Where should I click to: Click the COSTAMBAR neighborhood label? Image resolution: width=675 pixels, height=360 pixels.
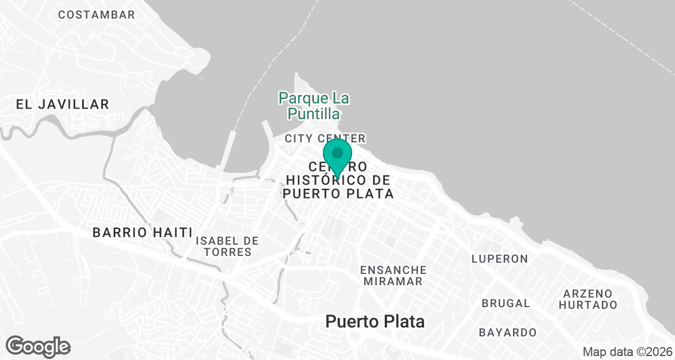(x=97, y=15)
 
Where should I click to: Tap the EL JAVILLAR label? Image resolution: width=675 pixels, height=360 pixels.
(x=62, y=104)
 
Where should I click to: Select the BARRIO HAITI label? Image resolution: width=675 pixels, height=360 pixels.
(x=142, y=232)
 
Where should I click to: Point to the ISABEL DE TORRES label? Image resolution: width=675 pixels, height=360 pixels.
(x=227, y=246)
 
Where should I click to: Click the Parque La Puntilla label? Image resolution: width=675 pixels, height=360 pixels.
(x=314, y=106)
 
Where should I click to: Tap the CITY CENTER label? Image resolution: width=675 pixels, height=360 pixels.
(x=325, y=138)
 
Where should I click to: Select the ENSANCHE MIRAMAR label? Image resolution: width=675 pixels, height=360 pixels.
(x=393, y=276)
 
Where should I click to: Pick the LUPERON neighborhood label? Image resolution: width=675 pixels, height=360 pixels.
(x=499, y=259)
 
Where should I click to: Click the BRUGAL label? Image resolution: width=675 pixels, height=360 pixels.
(x=506, y=303)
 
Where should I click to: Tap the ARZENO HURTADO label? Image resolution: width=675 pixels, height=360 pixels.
(x=590, y=299)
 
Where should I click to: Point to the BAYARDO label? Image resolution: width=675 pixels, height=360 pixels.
(x=507, y=332)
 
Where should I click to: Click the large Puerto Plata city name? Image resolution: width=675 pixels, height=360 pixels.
(x=375, y=322)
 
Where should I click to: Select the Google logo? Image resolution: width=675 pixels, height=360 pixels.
(x=38, y=346)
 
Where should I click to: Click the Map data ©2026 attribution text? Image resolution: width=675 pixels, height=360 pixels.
(x=627, y=352)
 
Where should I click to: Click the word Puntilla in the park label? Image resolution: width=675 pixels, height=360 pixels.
(x=314, y=114)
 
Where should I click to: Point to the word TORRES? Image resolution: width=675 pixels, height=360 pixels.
(x=227, y=253)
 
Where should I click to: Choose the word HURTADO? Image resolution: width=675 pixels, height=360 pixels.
(x=590, y=305)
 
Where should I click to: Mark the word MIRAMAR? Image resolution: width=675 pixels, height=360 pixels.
(x=393, y=282)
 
